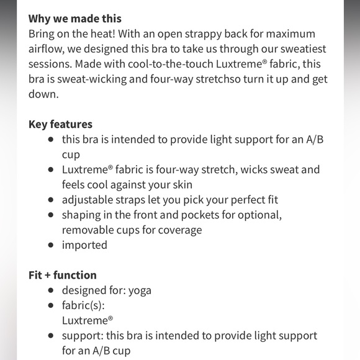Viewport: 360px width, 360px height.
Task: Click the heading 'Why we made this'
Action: (75, 19)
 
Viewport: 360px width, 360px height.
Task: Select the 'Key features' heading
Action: (60, 124)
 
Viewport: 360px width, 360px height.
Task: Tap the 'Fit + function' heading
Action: (63, 275)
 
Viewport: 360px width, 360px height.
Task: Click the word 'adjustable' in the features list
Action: (87, 200)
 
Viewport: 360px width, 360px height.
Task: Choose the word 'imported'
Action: (84, 245)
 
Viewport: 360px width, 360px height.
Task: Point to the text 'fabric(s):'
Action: (83, 305)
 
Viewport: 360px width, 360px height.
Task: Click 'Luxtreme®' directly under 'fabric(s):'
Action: (87, 320)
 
